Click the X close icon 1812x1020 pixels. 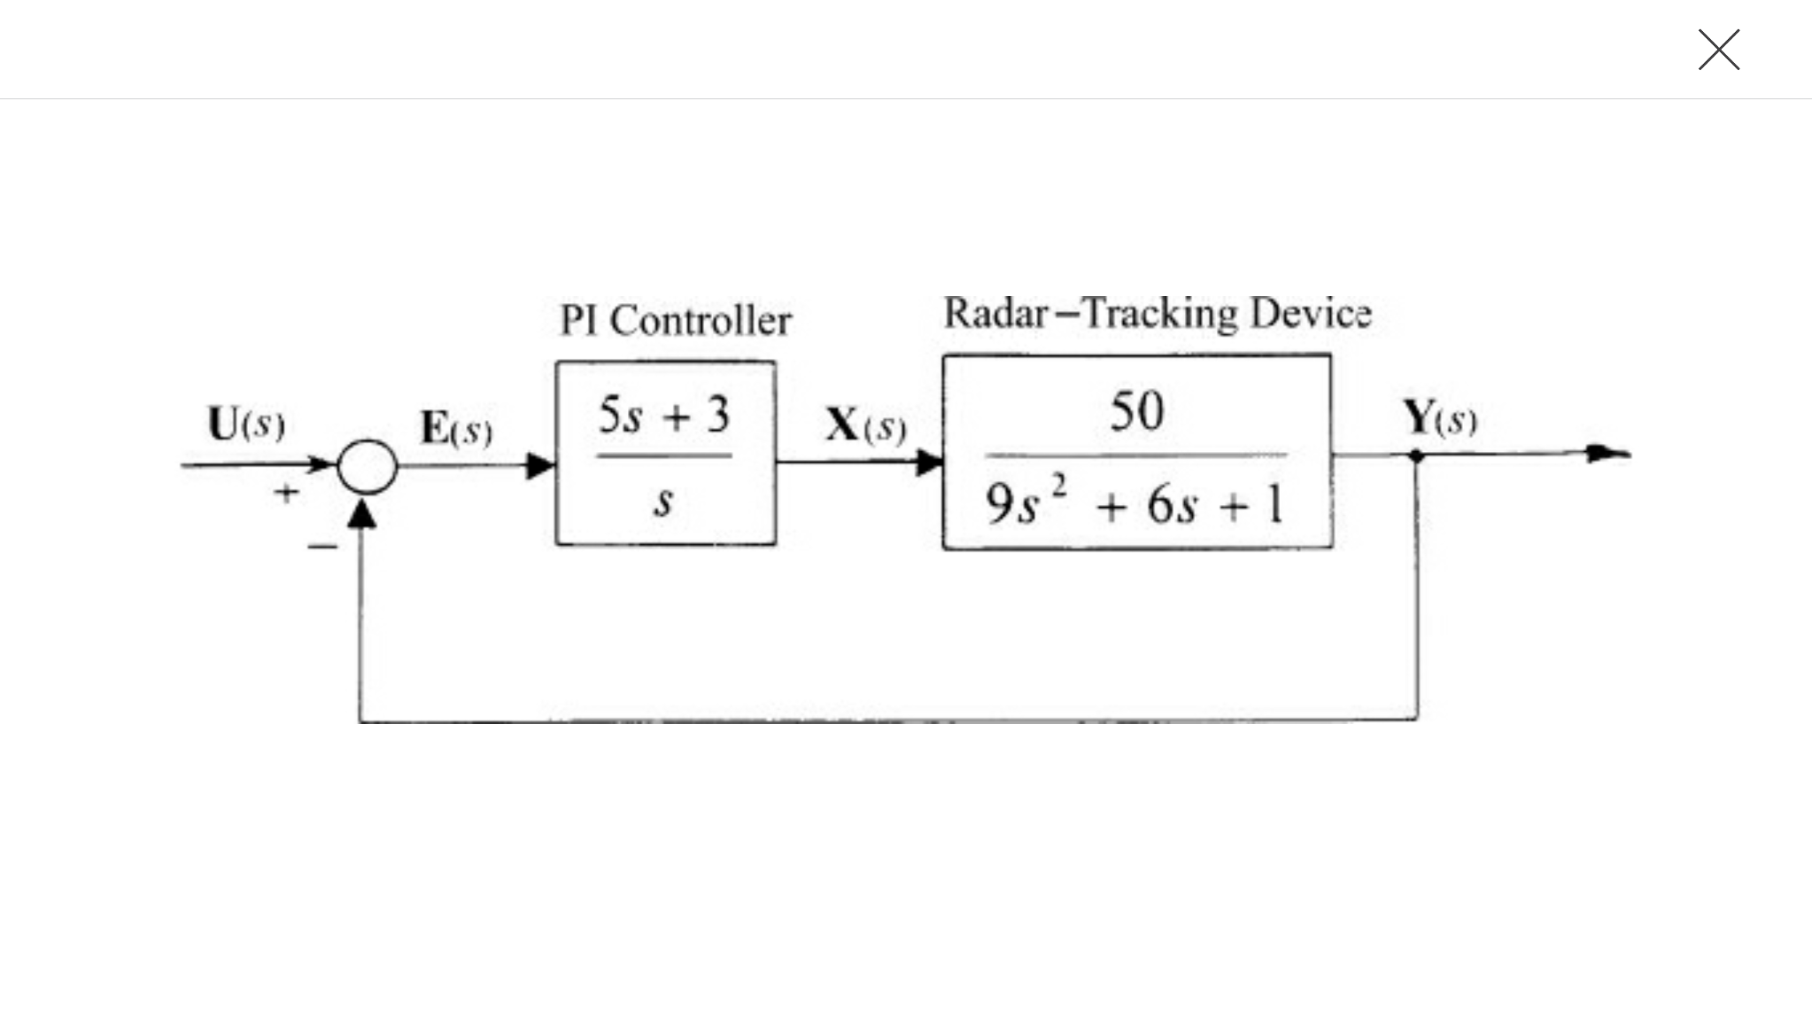pos(1718,50)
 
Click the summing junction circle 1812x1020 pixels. pos(367,466)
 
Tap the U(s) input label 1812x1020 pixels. pos(245,424)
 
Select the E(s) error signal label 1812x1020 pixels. pos(455,429)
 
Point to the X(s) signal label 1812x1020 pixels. pos(865,425)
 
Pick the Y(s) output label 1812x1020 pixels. pos(1439,417)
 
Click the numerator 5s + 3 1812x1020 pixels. pos(664,416)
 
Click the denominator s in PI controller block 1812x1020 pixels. pos(663,502)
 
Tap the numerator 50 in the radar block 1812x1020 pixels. pos(1136,411)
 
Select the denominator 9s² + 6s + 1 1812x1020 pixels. pos(1134,504)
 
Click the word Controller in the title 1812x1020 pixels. pos(701,321)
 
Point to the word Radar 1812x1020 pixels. pos(995,313)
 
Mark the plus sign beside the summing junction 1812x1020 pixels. pos(285,493)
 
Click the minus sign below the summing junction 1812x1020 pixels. pos(321,546)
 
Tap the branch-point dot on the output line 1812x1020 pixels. pos(1416,456)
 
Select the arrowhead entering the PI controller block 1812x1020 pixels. pos(539,465)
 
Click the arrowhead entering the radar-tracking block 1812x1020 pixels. pos(929,462)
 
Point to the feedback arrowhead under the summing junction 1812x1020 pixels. pos(361,513)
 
